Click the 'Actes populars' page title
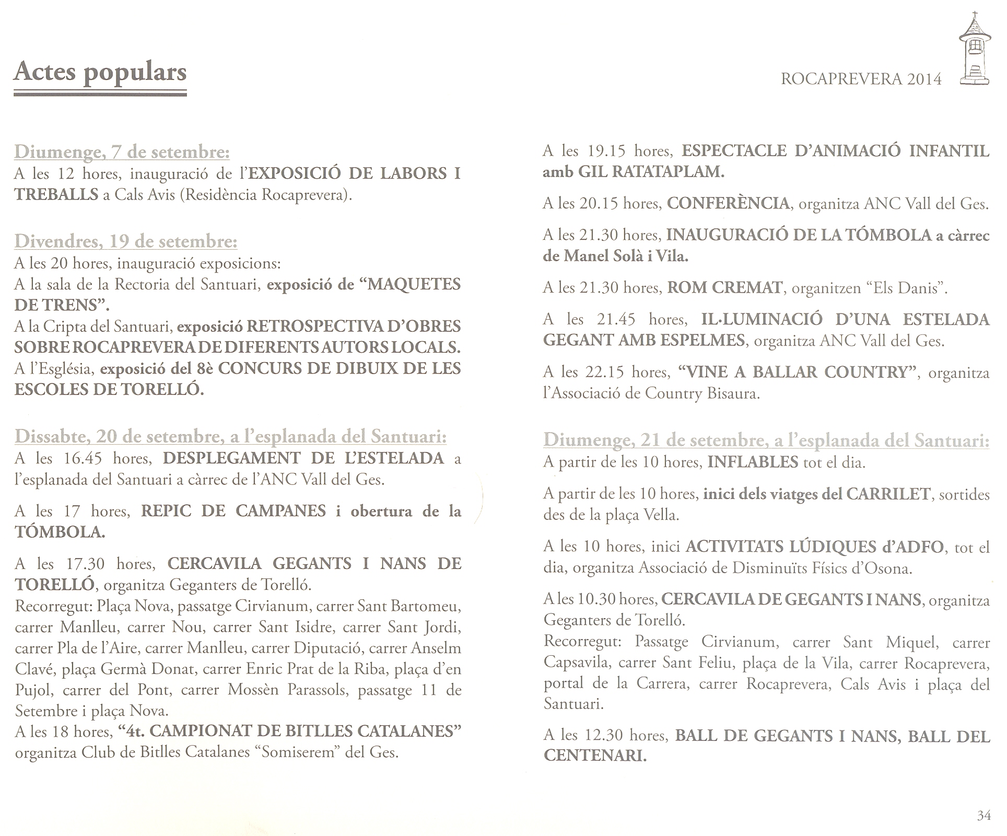tap(100, 72)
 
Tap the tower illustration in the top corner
tap(974, 50)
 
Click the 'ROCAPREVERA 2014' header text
tap(861, 79)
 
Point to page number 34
tap(983, 815)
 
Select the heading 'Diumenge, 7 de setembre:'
tap(122, 152)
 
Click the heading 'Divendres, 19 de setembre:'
tap(126, 241)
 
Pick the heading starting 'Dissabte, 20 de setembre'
tap(231, 436)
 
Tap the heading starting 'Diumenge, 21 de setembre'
tap(766, 440)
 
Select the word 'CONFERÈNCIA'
tap(728, 203)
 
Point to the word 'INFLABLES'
tap(753, 462)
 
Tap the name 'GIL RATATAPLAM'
tap(651, 172)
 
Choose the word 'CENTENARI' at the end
tap(594, 756)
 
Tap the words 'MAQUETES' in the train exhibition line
tap(407, 284)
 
